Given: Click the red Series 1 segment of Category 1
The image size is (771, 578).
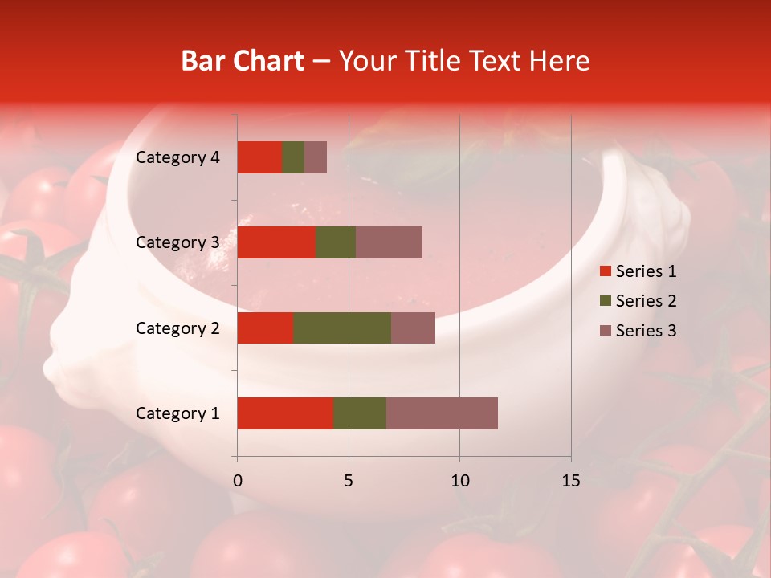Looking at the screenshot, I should click(285, 413).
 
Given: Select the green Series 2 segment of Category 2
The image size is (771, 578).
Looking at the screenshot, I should click(342, 328).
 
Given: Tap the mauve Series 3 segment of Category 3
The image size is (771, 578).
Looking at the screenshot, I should click(389, 242).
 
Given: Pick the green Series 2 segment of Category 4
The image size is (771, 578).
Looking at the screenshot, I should click(293, 157).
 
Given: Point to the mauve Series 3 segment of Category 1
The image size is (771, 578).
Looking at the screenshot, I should click(442, 413).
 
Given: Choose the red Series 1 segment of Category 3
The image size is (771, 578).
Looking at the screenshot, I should click(276, 242).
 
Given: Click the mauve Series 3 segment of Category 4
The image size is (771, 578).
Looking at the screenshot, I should click(316, 157).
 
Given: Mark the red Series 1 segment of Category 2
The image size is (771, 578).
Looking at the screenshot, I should click(265, 328).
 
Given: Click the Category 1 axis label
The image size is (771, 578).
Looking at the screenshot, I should click(177, 413).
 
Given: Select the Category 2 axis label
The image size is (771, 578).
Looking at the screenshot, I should click(177, 328).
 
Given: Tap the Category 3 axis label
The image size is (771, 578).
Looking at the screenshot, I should click(177, 242).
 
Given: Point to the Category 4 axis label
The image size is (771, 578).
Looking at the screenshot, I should click(177, 157).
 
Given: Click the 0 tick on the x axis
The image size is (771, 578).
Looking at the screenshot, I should click(238, 481).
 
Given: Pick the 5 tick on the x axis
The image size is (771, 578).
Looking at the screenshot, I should click(349, 481).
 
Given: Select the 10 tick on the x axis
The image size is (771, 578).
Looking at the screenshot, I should click(459, 481).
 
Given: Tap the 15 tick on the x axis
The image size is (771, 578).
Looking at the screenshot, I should click(570, 481).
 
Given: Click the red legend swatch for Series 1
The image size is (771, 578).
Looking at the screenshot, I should click(605, 271).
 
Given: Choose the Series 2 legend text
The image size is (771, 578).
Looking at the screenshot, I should click(646, 301).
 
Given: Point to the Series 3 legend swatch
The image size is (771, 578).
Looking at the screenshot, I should click(605, 331).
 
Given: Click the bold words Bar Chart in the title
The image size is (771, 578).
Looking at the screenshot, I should click(243, 61).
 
